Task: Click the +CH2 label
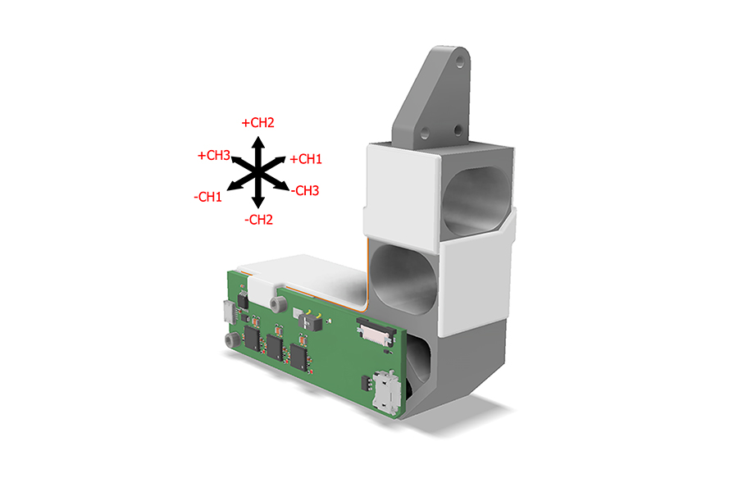point(257,123)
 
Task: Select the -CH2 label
point(257,219)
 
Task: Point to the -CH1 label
point(207,198)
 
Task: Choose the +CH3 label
point(213,155)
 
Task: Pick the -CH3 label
point(304,190)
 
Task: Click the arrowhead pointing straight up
point(257,142)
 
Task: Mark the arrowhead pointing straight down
point(257,202)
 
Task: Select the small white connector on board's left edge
point(226,312)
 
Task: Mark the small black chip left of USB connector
point(363,381)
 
